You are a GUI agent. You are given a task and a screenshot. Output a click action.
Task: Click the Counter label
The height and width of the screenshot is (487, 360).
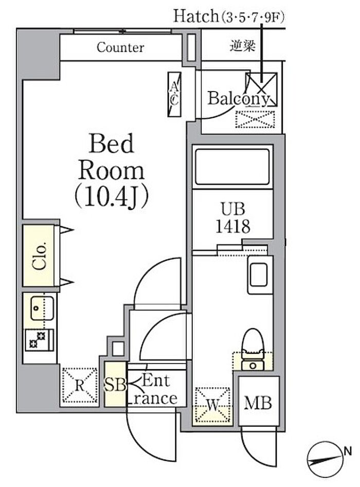coord(120,47)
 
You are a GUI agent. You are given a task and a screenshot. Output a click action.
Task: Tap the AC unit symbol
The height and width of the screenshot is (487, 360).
coord(174,95)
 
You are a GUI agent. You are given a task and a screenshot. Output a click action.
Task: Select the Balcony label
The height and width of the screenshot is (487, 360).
coord(239,99)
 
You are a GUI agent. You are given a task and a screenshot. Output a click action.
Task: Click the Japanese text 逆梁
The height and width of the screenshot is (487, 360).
coord(243,46)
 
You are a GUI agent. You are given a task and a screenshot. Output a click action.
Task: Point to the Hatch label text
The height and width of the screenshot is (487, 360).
coord(196,16)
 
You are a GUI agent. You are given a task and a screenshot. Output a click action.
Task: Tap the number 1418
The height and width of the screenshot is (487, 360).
coord(232,226)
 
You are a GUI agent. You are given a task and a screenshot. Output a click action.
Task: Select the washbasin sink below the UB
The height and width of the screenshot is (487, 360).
coord(260,275)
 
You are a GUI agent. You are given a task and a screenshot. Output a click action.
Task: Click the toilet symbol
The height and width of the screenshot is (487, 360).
coord(253,349)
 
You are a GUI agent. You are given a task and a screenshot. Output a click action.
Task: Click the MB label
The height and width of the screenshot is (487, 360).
coord(258,403)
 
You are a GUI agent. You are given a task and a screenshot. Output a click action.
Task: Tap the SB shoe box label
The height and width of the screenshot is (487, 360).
coord(115,385)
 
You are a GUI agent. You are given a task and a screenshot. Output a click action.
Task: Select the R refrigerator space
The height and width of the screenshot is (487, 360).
coord(80,386)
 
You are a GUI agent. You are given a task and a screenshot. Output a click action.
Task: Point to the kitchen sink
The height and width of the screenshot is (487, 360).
coord(42,308)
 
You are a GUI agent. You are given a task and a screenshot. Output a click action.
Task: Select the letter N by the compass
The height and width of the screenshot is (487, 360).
coord(348,450)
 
